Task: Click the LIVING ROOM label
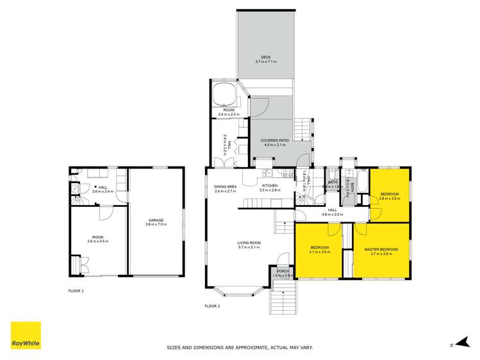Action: point(249,245)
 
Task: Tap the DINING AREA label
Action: point(225,188)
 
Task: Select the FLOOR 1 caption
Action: point(76,291)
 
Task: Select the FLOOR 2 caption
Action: point(212,307)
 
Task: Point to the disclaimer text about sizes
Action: point(240,348)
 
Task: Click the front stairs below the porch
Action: point(281,297)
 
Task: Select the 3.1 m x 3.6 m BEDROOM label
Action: point(320,249)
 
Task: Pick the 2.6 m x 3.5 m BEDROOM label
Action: point(389,195)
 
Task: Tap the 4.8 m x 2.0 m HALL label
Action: point(332,211)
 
